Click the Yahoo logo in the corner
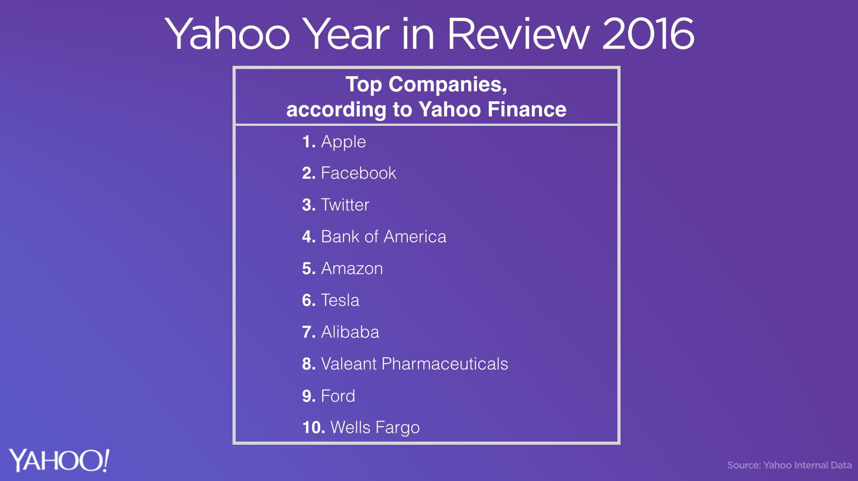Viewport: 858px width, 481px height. point(59,460)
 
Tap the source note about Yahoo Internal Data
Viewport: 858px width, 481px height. point(789,465)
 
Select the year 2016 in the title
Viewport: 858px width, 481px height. point(648,34)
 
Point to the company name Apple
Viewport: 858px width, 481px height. point(344,142)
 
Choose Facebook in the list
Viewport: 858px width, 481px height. point(358,173)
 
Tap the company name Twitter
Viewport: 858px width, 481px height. point(345,205)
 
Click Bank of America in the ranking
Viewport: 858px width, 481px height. point(384,236)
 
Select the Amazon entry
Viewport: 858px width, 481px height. point(352,268)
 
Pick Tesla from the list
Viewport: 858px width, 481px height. point(340,300)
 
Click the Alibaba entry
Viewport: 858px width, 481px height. point(350,332)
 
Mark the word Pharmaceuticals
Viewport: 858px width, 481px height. point(445,364)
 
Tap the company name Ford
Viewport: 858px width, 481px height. point(338,396)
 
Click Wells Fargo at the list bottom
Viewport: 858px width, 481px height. point(375,428)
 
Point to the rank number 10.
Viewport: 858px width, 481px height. point(314,427)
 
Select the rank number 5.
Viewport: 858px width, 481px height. point(309,268)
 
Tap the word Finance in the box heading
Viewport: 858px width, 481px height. point(527,109)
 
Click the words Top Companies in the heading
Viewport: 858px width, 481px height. point(426,85)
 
